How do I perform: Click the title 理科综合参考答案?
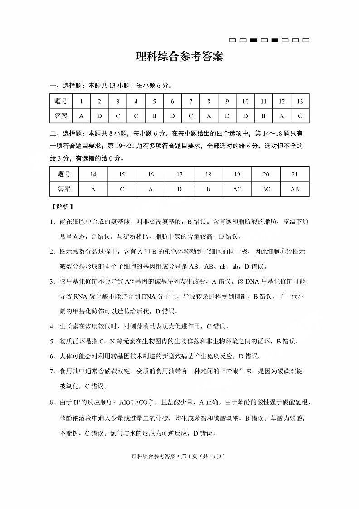tap(180, 57)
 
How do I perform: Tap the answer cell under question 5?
tap(154, 116)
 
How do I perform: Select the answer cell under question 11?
tap(263, 116)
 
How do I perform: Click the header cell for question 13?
tap(300, 102)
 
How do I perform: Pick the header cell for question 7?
tap(190, 102)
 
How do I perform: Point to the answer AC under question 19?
tap(237, 189)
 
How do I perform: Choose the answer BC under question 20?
tap(266, 189)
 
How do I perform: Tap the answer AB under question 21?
tap(295, 189)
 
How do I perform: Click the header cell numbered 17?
tap(180, 175)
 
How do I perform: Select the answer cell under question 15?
tap(122, 189)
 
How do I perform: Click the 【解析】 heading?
tap(61, 206)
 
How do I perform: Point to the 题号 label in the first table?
tap(61, 102)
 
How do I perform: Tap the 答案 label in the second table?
tap(64, 189)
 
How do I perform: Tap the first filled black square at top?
tap(253, 40)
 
